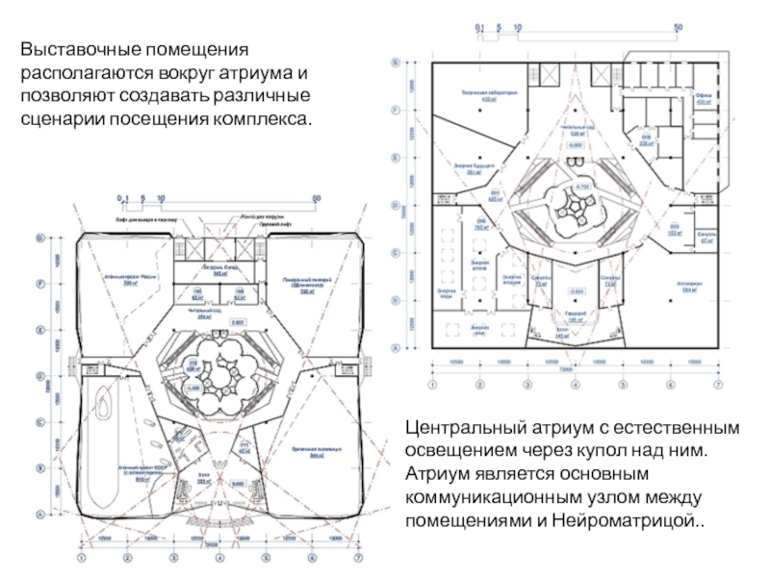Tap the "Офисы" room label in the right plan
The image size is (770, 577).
(x=703, y=97)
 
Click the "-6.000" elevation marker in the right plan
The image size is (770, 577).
(x=576, y=145)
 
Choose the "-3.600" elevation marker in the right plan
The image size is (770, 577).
(x=577, y=290)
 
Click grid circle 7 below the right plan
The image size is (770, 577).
(x=717, y=385)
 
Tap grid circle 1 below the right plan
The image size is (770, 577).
(x=432, y=385)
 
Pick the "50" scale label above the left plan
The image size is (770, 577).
(x=316, y=199)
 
